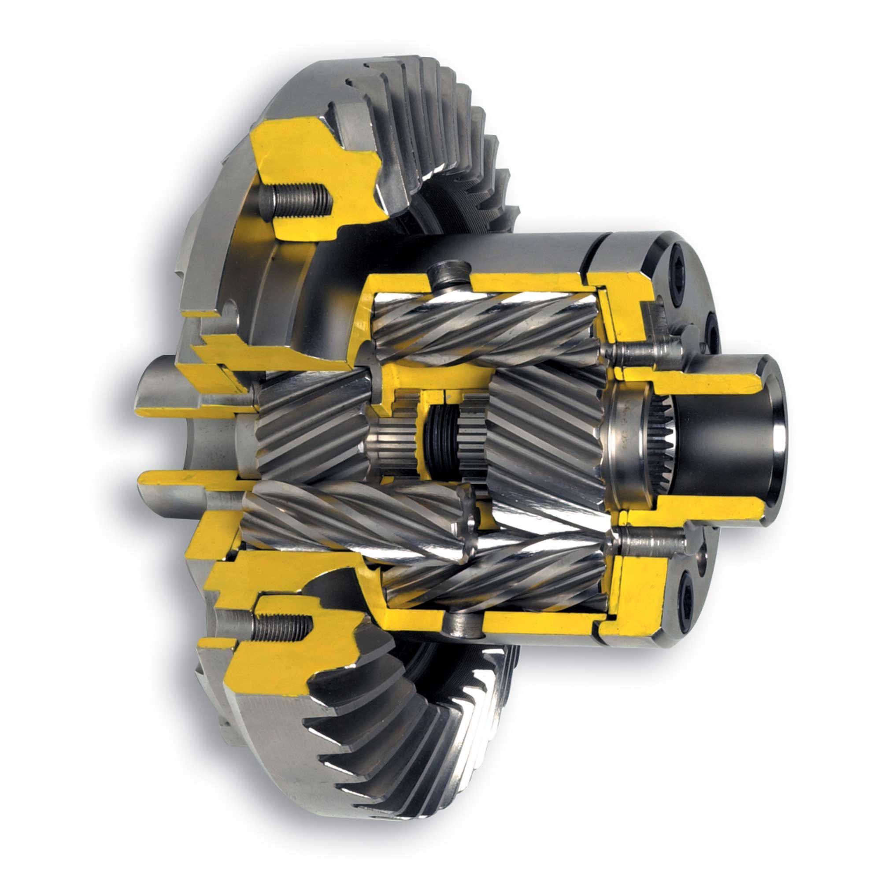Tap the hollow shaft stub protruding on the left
(164, 392)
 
